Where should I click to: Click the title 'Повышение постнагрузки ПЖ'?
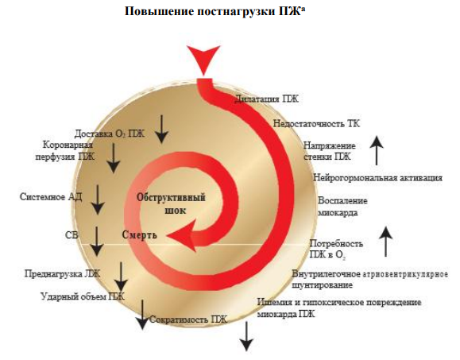[215, 11]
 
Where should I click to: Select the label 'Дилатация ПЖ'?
[266, 99]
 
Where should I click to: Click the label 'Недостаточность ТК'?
[316, 123]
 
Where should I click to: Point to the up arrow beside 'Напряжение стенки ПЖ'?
[377, 150]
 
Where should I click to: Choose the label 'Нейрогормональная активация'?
[377, 177]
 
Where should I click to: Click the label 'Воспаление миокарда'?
[342, 207]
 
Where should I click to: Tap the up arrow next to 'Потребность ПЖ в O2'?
[386, 242]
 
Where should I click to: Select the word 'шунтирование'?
[322, 285]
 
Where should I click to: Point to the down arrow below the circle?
[246, 336]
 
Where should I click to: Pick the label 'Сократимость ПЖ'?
[188, 319]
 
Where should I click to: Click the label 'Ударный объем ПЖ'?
[83, 296]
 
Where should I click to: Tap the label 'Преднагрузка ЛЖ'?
[62, 273]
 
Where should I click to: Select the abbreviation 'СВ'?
[72, 235]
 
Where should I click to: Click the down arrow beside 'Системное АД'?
[98, 199]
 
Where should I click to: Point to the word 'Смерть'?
[140, 234]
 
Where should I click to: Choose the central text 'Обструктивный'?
[171, 197]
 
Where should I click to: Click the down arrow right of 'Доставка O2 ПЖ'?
[161, 129]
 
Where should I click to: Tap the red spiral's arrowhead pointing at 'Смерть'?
[182, 235]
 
